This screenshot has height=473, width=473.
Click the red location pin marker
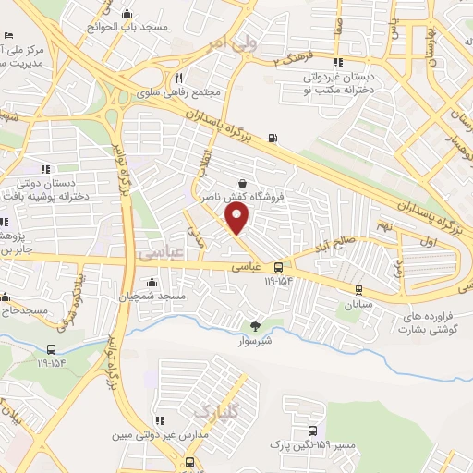(x=237, y=219)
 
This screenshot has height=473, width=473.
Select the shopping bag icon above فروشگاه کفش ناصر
(x=242, y=183)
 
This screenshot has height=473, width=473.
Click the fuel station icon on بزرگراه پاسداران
(x=272, y=139)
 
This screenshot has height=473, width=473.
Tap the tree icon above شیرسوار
(x=255, y=324)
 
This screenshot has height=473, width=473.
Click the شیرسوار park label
(x=255, y=339)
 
